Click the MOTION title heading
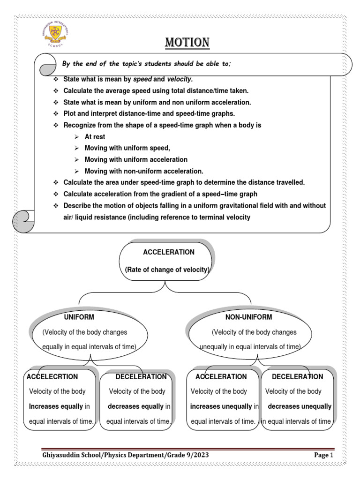coord(187,43)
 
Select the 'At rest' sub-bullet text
coord(95,137)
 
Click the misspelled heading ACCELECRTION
coord(52,376)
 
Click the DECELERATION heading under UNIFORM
coord(141,376)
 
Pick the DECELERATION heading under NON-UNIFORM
coord(297,376)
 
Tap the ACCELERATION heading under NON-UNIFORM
coord(221,376)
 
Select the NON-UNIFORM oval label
coord(248,317)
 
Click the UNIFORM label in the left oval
coord(79,317)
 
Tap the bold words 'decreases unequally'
coord(300,406)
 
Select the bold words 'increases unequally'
coord(221,406)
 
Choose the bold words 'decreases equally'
coord(135,406)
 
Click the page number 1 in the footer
coord(331,455)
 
